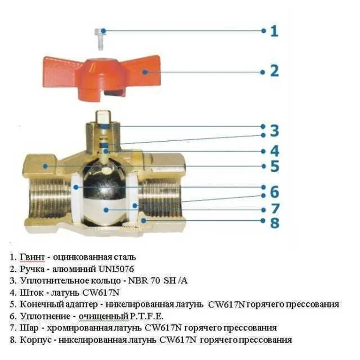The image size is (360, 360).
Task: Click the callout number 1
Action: tap(274, 31)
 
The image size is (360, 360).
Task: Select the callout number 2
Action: tap(274, 71)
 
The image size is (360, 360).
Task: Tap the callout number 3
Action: tap(274, 131)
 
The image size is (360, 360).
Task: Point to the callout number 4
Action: tap(274, 152)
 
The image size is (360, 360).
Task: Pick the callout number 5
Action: tap(274, 166)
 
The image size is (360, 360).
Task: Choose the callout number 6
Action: tap(274, 192)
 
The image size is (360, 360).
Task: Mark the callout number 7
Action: tap(274, 209)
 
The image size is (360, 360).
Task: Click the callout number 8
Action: tap(274, 222)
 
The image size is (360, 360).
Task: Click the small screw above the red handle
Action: tap(100, 38)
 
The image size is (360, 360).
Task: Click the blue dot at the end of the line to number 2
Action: tap(262, 72)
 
